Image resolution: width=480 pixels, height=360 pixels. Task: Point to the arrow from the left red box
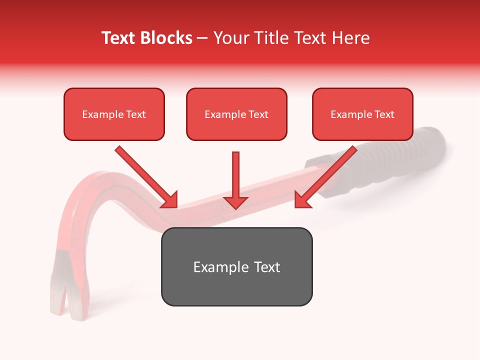pyautogui.click(x=145, y=176)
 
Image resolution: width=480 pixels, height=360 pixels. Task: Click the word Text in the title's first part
pyautogui.click(x=120, y=38)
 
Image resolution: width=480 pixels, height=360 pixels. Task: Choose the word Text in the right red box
pyautogui.click(x=384, y=114)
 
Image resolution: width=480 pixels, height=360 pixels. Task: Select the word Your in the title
pyautogui.click(x=229, y=38)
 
